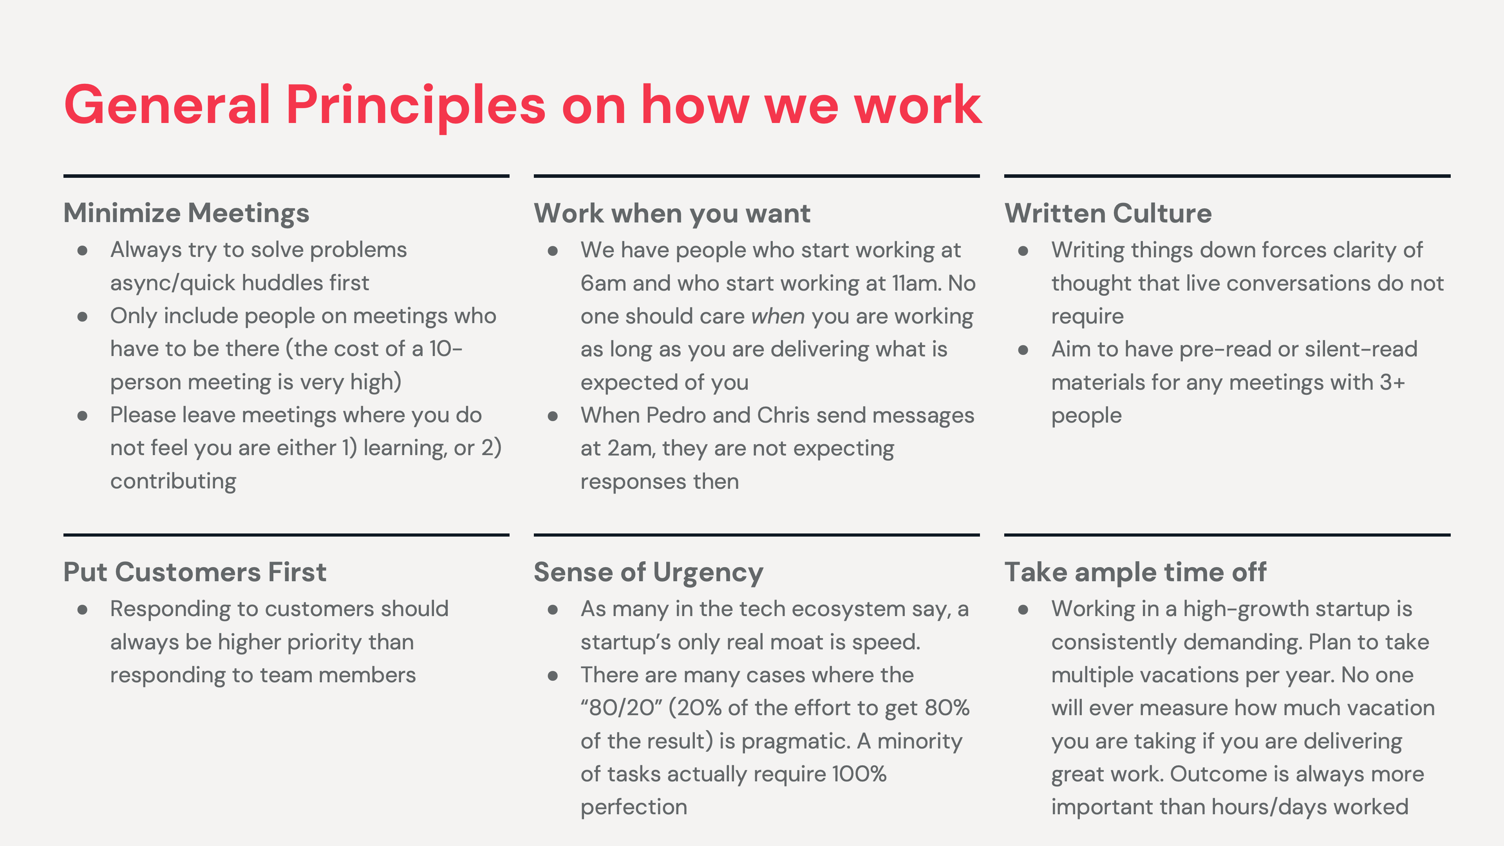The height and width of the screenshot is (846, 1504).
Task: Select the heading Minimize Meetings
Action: tap(186, 213)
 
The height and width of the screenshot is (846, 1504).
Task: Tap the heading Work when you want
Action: tap(672, 213)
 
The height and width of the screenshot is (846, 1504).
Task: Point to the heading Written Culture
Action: tap(1108, 213)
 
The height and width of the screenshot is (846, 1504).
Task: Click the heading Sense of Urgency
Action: tap(648, 572)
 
